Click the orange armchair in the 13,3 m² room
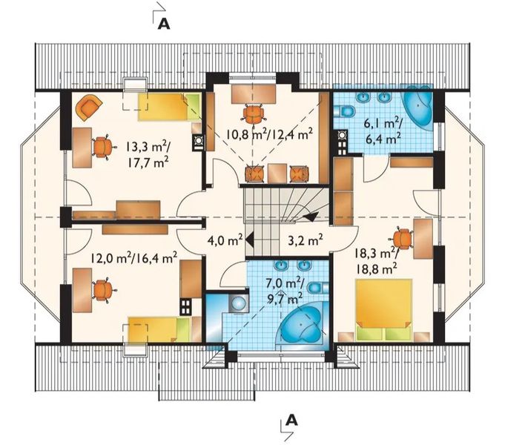pos(88,108)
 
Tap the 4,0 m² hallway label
pos(225,240)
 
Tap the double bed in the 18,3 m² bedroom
pos(383,310)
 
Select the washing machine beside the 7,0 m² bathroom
pos(238,303)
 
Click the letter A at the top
pos(164,24)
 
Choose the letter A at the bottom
pos(291,420)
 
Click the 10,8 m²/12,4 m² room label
pos(269,133)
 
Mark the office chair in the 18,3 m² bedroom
pos(403,239)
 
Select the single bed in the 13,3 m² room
pos(170,107)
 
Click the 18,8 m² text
pos(376,268)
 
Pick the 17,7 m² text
pos(148,162)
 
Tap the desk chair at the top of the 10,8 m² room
pos(254,114)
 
